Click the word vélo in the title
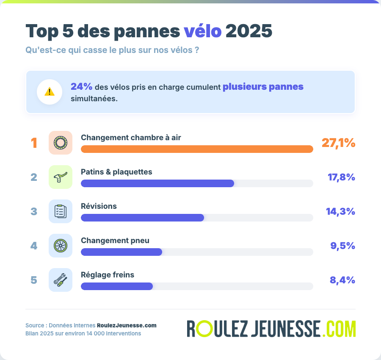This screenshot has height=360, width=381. (202, 31)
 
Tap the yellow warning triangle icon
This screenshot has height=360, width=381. (50, 91)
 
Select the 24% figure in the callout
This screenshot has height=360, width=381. (81, 87)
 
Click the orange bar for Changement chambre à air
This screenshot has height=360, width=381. (197, 149)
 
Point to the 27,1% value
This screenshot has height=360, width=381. (338, 143)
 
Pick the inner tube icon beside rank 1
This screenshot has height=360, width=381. (61, 143)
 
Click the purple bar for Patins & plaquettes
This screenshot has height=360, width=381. (157, 183)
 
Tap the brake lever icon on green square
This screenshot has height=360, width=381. (61, 177)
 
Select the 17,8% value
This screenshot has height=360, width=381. (341, 177)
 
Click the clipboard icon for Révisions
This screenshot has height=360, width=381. (61, 211)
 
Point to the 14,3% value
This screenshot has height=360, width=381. (340, 211)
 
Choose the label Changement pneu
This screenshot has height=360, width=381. (115, 241)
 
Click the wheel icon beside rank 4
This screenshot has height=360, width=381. (61, 246)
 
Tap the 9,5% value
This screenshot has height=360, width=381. (342, 246)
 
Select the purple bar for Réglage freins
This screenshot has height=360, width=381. (117, 286)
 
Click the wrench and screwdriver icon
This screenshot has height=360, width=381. (61, 280)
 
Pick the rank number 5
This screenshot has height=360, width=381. (34, 280)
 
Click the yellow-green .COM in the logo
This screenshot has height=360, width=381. (339, 329)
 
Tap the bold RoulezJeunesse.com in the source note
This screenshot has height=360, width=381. (127, 325)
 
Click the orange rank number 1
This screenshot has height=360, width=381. (34, 143)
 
